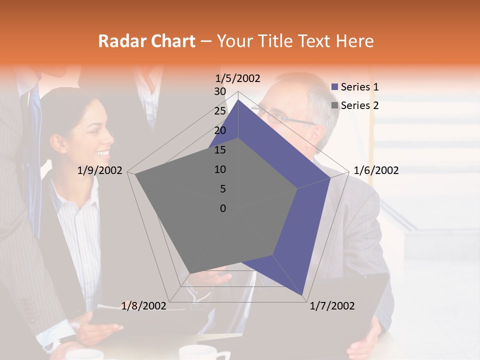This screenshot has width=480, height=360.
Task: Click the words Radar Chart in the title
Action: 146,41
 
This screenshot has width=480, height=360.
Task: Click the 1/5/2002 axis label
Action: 238,78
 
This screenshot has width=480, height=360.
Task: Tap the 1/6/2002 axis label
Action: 376,170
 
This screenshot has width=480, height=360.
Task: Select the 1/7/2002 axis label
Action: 332,306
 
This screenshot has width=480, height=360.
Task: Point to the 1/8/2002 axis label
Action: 143,306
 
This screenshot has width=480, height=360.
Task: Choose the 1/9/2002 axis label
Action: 99,170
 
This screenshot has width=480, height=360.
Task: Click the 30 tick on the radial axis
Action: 220,91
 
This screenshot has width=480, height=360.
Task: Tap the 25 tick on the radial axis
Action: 220,111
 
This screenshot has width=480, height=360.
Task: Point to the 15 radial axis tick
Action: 220,150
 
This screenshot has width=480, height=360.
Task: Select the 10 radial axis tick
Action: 220,169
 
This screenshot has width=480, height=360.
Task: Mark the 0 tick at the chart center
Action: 223,208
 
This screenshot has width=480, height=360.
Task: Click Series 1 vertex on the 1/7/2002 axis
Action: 303,296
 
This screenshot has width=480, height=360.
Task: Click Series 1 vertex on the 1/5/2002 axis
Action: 238,100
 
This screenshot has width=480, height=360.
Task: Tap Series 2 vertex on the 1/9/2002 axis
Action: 136,174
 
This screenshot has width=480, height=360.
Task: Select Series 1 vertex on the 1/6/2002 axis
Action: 330,177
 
